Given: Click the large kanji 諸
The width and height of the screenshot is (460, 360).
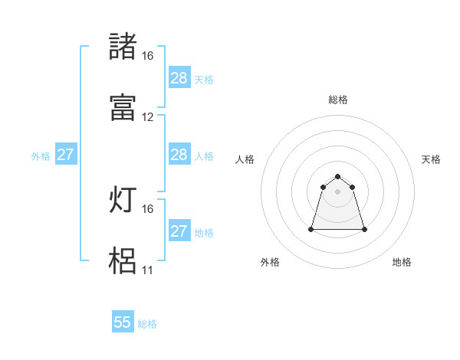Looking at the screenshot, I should tap(123, 47).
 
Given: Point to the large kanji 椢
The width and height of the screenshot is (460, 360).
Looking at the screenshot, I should tap(123, 260).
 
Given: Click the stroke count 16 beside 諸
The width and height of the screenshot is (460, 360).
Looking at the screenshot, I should tap(147, 56).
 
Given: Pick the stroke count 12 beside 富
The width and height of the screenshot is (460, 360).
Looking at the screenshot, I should tap(147, 117).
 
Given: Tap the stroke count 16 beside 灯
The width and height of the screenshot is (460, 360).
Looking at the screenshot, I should tap(147, 208).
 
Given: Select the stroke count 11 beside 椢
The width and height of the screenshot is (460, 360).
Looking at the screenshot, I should tap(147, 270).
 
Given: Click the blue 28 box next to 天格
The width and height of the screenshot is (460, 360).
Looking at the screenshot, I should tap(179, 78).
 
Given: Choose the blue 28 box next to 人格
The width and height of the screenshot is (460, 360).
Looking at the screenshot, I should tap(179, 155).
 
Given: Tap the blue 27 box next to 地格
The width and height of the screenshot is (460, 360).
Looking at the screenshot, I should tap(179, 231).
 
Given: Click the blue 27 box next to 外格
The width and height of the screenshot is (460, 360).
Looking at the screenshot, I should tap(66, 155).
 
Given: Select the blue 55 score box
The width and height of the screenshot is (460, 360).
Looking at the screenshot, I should tap(123, 322).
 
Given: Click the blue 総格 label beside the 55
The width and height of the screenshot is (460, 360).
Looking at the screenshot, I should tap(147, 324).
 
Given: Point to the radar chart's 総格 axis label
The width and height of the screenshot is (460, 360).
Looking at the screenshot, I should tap(338, 100).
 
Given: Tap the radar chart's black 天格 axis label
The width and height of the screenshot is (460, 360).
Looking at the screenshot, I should tap(432, 159).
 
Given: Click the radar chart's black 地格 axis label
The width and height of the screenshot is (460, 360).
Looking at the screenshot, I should tap(402, 262).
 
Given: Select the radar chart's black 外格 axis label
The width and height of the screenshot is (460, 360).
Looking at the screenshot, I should tap(270, 262).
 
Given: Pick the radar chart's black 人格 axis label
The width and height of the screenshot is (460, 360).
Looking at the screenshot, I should tap(245, 159).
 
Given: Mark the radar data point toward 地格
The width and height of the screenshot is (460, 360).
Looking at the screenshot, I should tap(364, 229).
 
